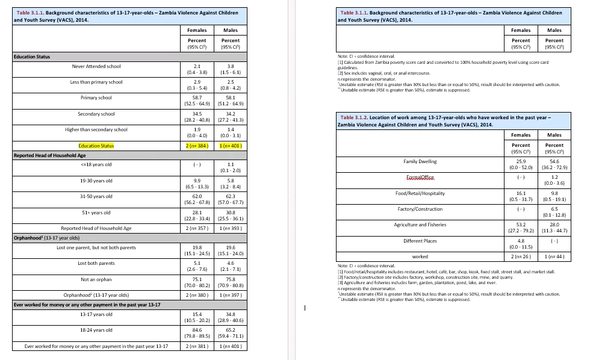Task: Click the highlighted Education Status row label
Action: click(x=96, y=146)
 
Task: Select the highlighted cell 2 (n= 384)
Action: click(x=197, y=146)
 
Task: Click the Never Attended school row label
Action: click(x=96, y=66)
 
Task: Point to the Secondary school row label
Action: click(x=96, y=114)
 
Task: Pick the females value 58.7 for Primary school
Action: click(x=197, y=97)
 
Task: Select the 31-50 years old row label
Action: click(x=96, y=196)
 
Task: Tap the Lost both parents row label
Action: click(x=96, y=263)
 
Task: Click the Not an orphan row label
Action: click(x=96, y=279)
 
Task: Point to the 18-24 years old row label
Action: click(x=96, y=330)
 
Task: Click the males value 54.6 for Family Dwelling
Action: click(x=554, y=162)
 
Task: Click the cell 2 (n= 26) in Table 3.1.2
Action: click(x=521, y=256)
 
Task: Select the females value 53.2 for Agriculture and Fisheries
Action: click(x=521, y=225)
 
